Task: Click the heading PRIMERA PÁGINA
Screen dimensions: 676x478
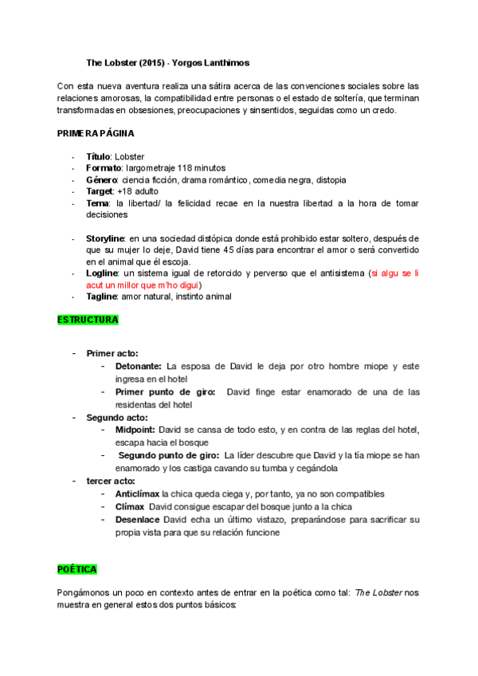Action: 96,133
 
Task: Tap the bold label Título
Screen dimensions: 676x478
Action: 98,157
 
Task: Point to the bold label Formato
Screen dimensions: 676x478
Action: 103,169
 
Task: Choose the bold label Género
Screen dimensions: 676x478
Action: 101,180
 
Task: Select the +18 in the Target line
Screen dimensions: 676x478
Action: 124,191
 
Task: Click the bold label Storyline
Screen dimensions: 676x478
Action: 105,238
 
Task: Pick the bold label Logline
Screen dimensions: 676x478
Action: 101,273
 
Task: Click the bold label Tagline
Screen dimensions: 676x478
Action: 101,297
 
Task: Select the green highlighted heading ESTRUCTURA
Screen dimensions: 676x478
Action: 88,320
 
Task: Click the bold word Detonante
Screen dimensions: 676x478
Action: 139,366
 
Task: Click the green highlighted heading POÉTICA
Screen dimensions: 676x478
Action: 77,569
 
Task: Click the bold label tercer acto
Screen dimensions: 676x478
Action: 110,481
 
